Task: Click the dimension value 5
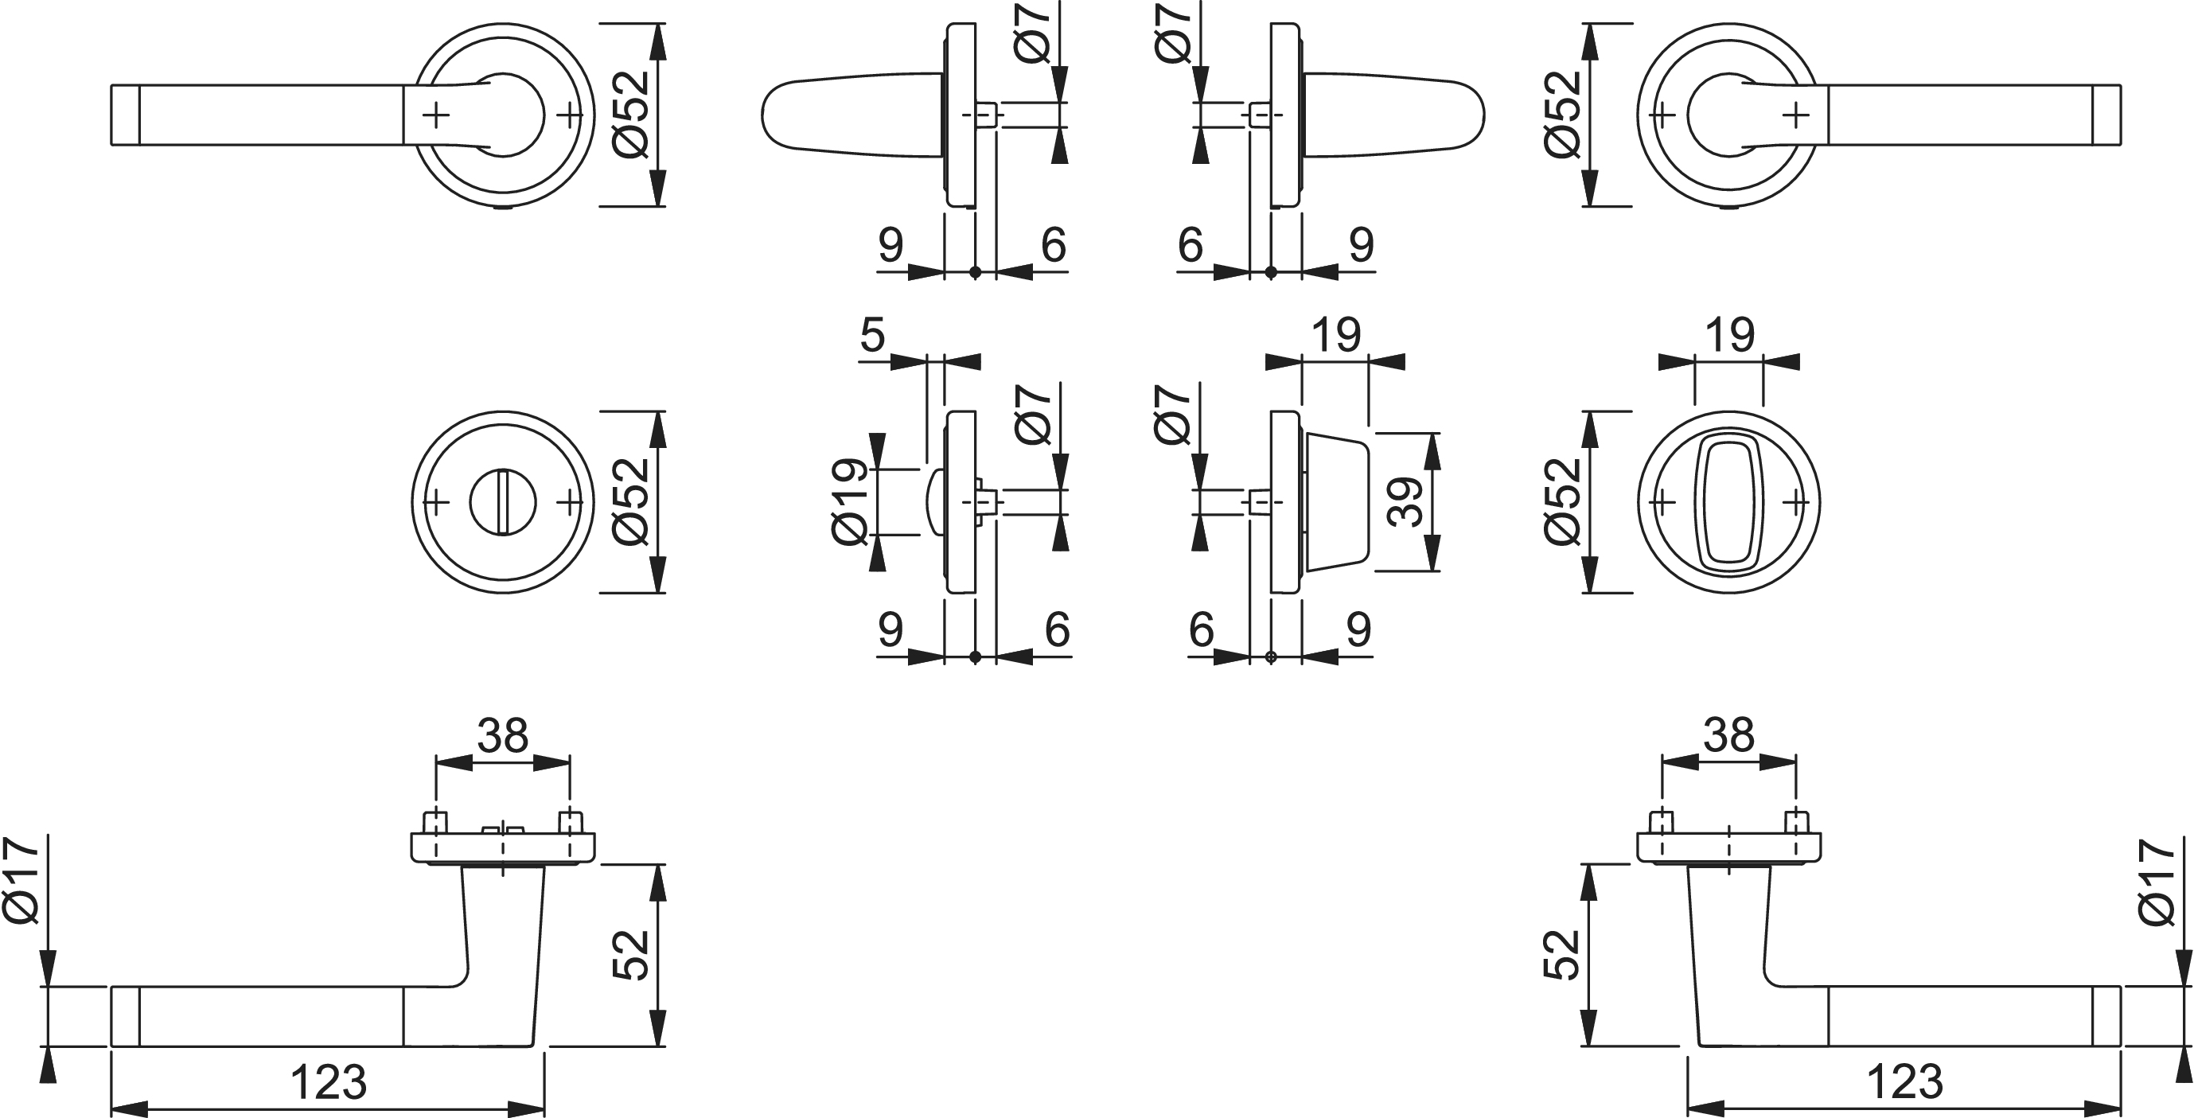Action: (x=873, y=335)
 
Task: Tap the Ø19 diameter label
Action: (x=851, y=501)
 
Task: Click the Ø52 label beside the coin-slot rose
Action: (x=632, y=501)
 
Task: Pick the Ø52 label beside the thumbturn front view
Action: (x=1564, y=501)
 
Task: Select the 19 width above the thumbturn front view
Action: (x=1730, y=335)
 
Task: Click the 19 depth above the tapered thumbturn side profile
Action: (x=1336, y=335)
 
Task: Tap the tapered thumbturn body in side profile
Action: (x=1335, y=501)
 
